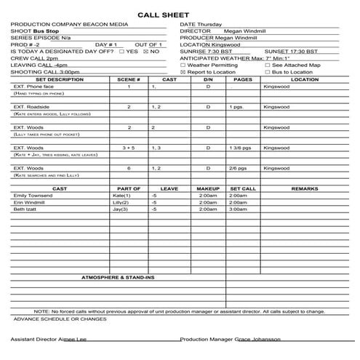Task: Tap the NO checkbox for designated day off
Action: coord(145,52)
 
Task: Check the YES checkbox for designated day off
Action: coord(121,52)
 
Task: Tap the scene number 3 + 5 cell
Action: coord(129,148)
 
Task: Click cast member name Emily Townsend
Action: coord(33,196)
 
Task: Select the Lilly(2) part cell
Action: coord(121,202)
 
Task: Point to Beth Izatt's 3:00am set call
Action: coord(238,209)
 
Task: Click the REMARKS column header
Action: coord(304,188)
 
